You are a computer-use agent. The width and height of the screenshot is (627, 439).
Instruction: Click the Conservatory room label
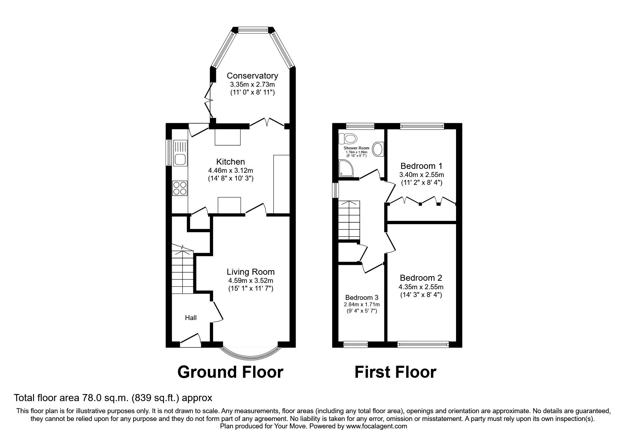252,76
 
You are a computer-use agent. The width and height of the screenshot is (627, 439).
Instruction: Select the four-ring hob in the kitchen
180,188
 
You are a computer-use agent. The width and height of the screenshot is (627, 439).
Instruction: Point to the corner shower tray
345,168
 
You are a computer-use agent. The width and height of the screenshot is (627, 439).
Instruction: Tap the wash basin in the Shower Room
378,149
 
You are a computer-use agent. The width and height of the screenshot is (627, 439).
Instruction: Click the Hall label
191,318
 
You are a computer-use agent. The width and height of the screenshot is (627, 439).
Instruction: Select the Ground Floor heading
230,372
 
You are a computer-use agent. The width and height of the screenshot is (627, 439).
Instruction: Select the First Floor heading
395,372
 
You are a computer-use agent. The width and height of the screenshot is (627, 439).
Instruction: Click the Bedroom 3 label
361,298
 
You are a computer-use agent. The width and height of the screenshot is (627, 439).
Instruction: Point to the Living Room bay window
251,354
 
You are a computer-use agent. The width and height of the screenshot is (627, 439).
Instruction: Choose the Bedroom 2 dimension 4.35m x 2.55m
421,287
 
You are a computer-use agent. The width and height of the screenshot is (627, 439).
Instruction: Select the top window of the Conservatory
253,30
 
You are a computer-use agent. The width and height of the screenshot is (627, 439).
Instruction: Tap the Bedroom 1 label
421,166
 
